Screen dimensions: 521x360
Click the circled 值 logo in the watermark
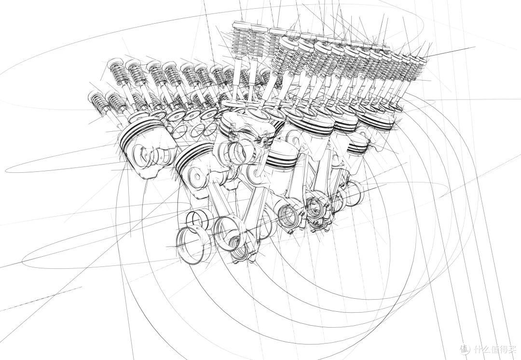tap(466, 349)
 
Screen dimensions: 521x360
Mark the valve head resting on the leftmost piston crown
tap(140, 116)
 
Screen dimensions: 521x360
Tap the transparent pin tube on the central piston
tap(237, 152)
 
